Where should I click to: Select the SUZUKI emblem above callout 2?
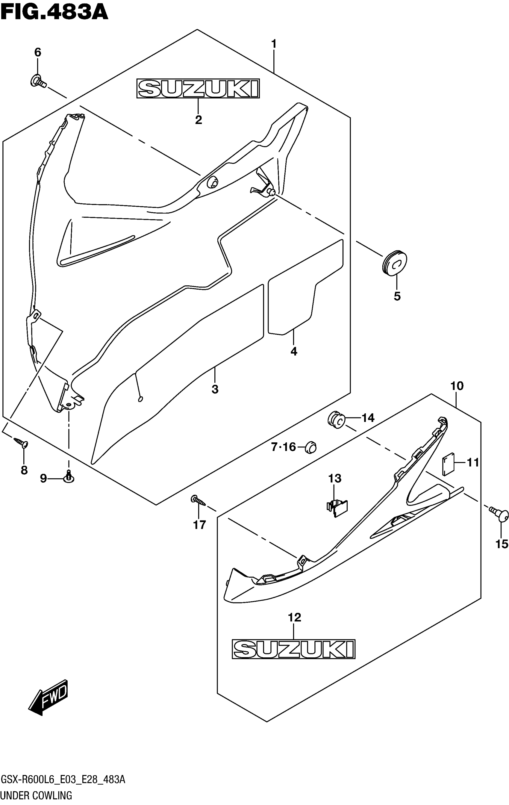tap(198, 89)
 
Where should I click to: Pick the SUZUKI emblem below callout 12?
tap(293, 649)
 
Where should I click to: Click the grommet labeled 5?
tap(394, 262)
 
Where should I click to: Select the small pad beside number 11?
tap(448, 464)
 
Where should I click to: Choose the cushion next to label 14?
tap(336, 419)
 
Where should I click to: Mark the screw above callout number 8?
tap(22, 443)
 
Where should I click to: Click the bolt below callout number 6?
tap(37, 81)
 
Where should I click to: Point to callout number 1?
tap(274, 44)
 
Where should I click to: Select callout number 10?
tap(457, 386)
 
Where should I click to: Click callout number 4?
tap(294, 351)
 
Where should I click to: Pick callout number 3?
tap(215, 389)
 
